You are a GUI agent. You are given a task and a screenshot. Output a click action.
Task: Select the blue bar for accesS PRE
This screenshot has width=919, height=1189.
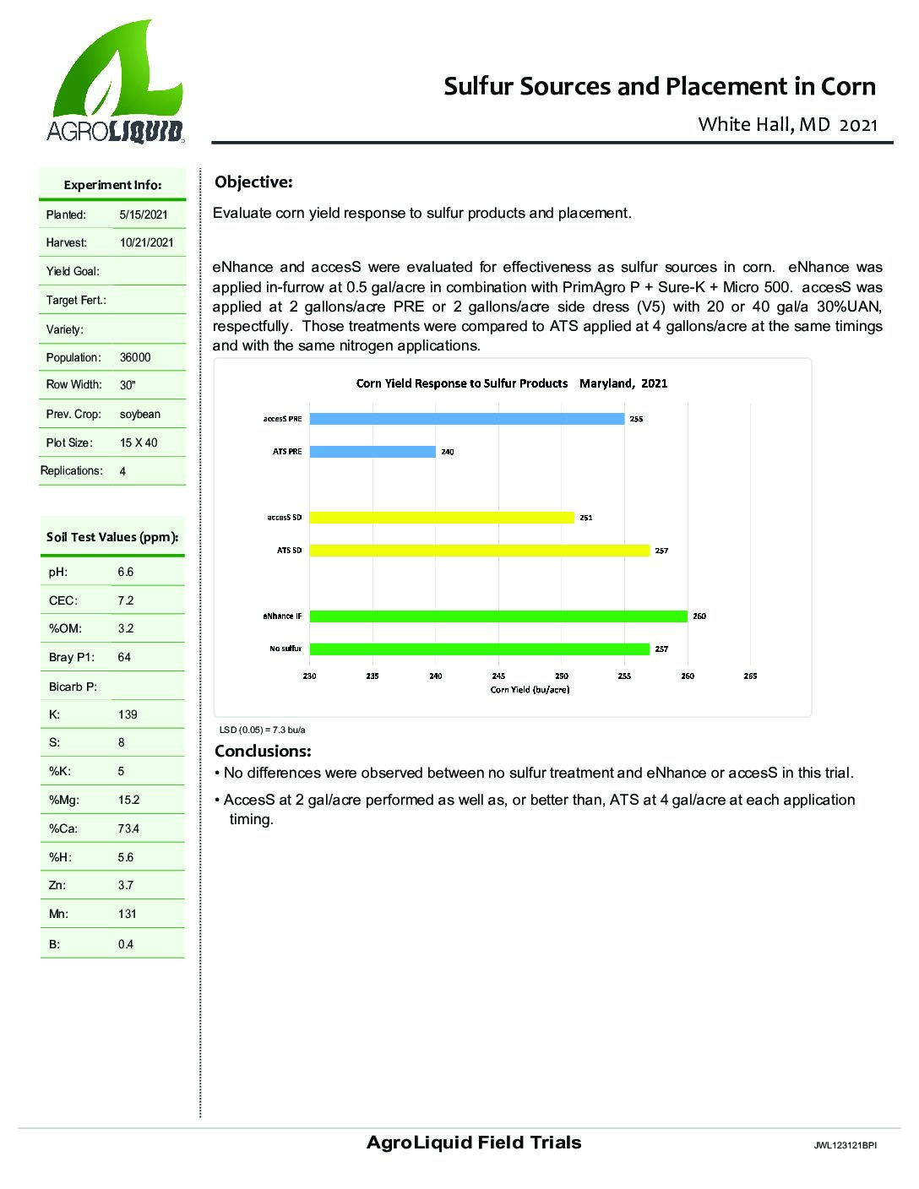467,419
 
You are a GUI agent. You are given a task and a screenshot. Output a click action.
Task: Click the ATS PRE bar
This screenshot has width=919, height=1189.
372,452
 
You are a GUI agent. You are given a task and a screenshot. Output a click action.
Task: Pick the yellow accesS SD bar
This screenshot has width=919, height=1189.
442,518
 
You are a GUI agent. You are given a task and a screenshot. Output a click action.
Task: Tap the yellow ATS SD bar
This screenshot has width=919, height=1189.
480,551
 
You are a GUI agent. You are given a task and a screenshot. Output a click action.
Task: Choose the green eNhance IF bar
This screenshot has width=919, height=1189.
498,616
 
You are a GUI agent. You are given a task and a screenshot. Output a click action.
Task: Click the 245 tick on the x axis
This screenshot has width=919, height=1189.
498,676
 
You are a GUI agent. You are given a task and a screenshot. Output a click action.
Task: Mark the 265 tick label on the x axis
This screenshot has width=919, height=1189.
750,676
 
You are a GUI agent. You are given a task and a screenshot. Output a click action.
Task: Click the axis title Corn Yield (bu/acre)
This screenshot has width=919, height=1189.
530,689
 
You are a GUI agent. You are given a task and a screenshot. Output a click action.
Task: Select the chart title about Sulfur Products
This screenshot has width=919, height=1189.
511,383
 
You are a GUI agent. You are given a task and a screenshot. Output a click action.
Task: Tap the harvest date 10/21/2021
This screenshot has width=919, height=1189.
147,242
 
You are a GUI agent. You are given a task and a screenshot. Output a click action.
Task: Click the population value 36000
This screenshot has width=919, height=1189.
135,357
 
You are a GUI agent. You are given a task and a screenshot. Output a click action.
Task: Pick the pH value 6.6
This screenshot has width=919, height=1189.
126,572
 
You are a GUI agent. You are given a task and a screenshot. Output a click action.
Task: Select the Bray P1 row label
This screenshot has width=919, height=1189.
72,657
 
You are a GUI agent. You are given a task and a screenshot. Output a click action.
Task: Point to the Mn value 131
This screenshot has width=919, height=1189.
128,914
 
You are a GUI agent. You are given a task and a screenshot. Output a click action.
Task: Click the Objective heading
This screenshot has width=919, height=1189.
253,182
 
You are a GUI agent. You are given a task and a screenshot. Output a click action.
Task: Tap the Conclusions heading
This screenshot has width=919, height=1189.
263,751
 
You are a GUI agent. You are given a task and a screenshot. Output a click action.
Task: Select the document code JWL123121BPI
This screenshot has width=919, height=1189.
845,1146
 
